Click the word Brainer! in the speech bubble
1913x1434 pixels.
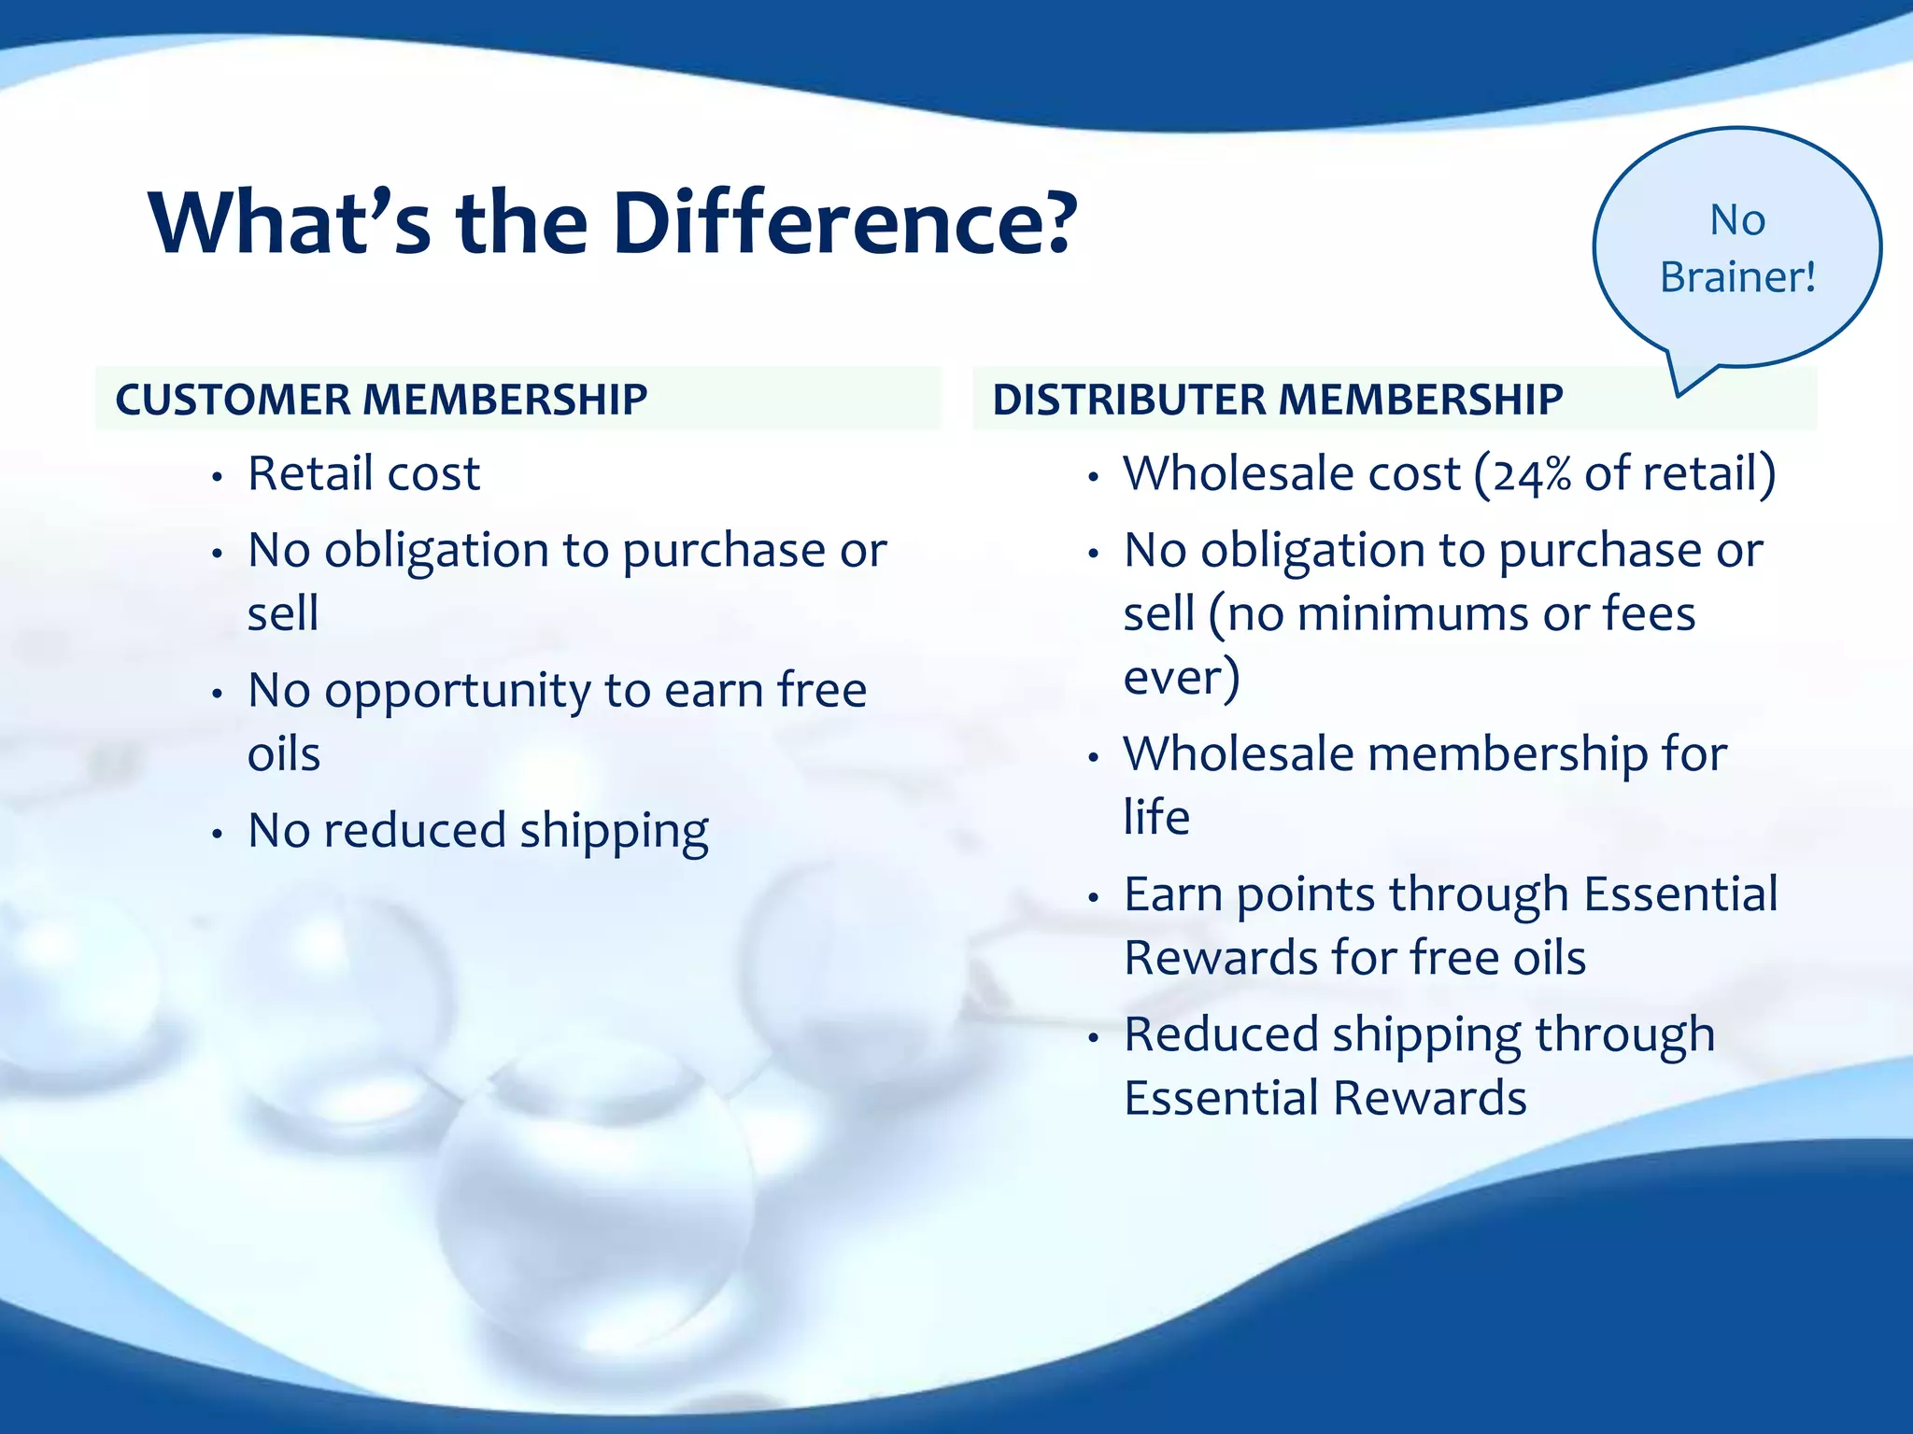[1736, 277]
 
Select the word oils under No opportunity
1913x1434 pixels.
[283, 754]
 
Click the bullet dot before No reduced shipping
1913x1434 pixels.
[217, 833]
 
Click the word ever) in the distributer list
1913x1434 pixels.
[1181, 677]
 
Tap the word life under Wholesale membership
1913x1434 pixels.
[1155, 817]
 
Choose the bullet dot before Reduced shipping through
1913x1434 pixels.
[1093, 1037]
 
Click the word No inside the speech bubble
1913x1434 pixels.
[1736, 220]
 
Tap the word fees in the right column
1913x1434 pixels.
[1649, 614]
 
